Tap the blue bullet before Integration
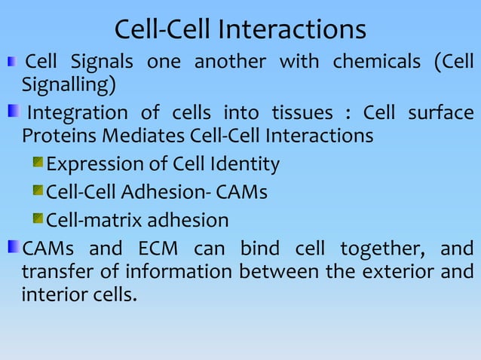pyautogui.click(x=14, y=113)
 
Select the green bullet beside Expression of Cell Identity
pyautogui.click(x=38, y=164)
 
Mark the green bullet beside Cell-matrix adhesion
pyautogui.click(x=38, y=220)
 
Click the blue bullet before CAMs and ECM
pyautogui.click(x=12, y=248)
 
